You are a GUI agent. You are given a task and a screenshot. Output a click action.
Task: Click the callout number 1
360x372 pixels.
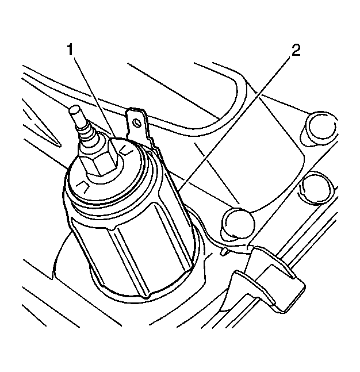tap(70, 50)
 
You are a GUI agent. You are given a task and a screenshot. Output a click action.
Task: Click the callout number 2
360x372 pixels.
tap(296, 50)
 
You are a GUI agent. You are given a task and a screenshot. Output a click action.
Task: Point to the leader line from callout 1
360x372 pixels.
tap(95, 98)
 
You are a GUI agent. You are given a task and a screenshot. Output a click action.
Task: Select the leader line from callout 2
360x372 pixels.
tap(234, 124)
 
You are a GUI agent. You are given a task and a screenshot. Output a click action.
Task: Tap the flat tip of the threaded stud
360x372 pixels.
tap(74, 109)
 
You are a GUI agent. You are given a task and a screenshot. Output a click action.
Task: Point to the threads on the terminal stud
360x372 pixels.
tap(86, 132)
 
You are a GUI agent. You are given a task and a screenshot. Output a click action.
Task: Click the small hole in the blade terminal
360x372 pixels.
tap(136, 122)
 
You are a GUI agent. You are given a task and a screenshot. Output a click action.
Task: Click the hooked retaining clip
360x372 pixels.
tap(268, 280)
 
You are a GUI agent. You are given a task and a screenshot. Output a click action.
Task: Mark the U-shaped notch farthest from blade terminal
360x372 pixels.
tap(83, 187)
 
